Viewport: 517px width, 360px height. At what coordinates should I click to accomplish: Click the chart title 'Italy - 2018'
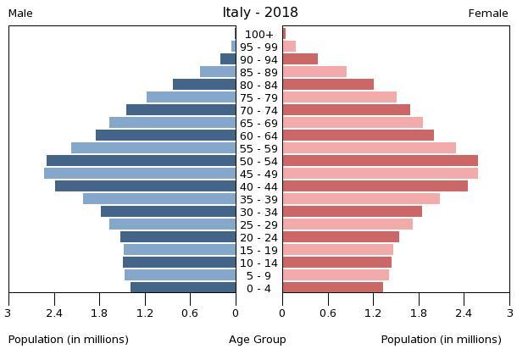[x=260, y=13]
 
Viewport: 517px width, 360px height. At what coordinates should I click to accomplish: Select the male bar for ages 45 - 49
[x=140, y=174]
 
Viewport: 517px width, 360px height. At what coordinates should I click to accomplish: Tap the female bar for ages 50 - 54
[x=380, y=161]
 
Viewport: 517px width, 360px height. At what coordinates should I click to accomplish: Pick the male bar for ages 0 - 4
[x=183, y=288]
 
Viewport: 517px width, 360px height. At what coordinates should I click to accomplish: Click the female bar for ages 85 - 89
[x=314, y=72]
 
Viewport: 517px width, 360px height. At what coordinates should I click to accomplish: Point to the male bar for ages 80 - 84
[x=204, y=85]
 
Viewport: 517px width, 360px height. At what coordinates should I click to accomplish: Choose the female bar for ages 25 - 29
[x=347, y=224]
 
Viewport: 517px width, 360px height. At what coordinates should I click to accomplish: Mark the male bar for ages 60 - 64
[x=166, y=136]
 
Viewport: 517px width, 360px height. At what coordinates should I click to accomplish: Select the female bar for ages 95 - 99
[x=289, y=47]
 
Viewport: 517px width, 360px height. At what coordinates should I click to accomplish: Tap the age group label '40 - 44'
[x=259, y=186]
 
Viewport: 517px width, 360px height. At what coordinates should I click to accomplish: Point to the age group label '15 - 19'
[x=259, y=250]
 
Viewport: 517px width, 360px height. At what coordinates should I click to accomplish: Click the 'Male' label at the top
[x=20, y=14]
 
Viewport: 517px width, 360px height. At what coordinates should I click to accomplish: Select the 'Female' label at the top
[x=488, y=14]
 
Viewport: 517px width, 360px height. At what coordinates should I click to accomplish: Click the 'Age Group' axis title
[x=258, y=340]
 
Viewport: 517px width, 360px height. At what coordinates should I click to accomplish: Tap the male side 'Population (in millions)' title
[x=69, y=340]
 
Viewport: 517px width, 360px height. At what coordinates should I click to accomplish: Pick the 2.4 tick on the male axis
[x=54, y=313]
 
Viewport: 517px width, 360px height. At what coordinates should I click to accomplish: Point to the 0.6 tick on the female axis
[x=328, y=313]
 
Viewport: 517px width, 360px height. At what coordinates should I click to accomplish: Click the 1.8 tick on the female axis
[x=419, y=313]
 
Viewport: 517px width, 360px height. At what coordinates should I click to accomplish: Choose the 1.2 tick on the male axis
[x=145, y=313]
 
